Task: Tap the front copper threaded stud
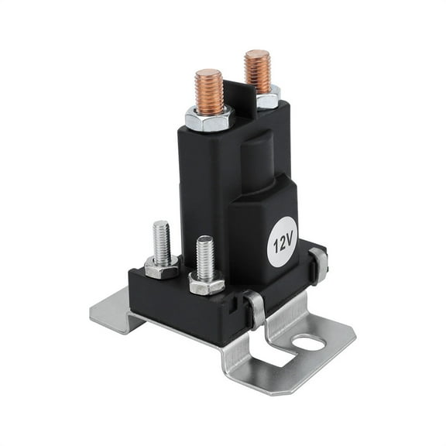(209, 91)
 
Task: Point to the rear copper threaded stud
(257, 71)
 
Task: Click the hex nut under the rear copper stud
(267, 98)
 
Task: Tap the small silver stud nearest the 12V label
(205, 258)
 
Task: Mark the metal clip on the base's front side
(255, 308)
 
